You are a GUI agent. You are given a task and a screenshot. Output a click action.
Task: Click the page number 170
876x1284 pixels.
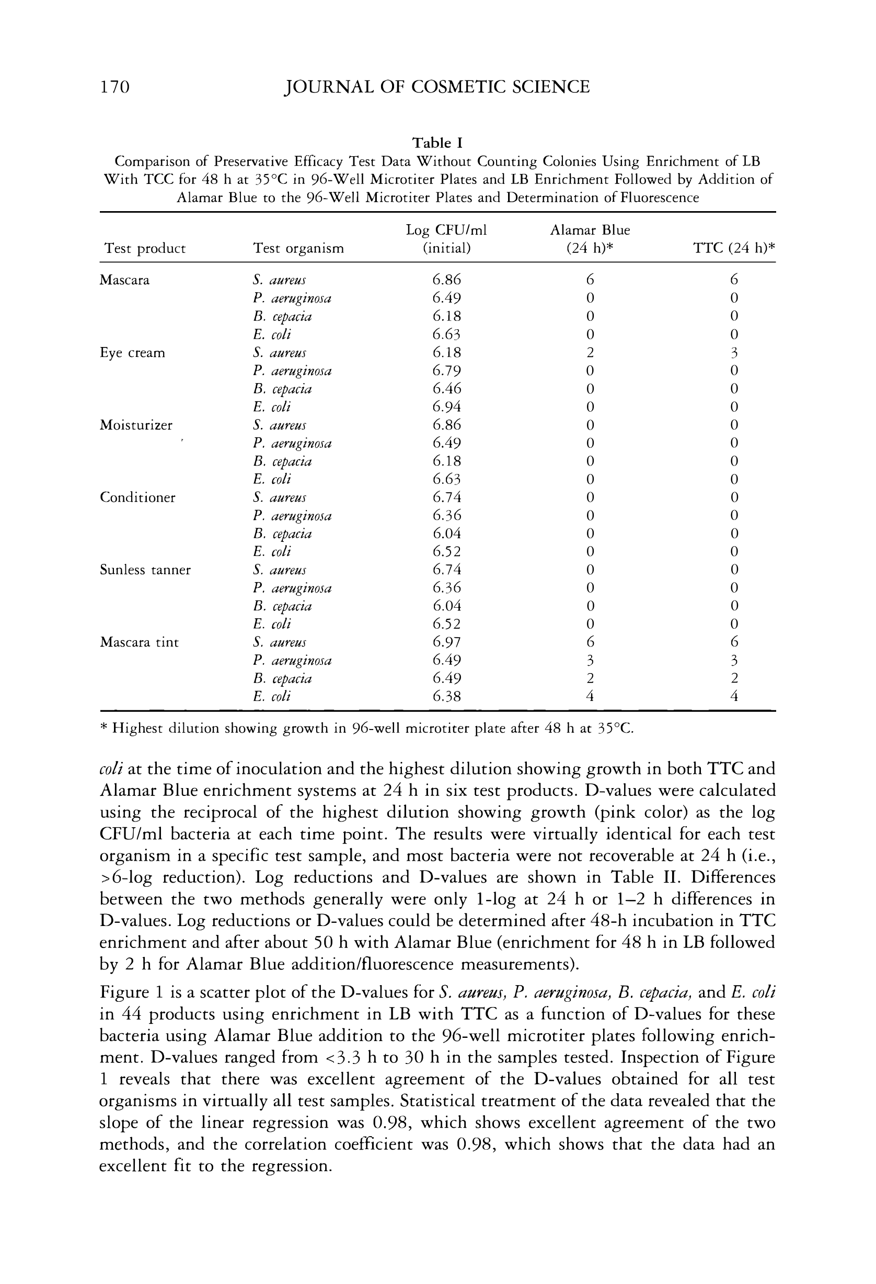click(x=114, y=87)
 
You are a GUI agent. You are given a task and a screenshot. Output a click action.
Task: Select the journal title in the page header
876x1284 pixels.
click(x=436, y=87)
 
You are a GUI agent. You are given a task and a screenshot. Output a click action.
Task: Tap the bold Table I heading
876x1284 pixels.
click(x=437, y=143)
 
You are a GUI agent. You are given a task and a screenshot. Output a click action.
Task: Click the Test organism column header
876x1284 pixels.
click(x=298, y=249)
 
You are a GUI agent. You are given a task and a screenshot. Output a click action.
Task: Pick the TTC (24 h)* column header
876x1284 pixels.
click(x=734, y=249)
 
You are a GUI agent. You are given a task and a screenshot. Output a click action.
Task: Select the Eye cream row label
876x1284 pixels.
click(x=133, y=353)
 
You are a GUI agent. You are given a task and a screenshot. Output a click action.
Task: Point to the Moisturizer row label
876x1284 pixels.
click(x=136, y=425)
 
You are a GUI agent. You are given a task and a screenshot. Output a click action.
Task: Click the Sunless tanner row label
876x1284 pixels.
click(x=145, y=570)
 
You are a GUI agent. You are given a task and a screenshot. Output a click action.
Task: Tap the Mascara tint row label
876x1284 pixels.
click(x=139, y=642)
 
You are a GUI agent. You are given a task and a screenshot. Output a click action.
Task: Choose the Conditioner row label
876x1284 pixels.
click(x=137, y=498)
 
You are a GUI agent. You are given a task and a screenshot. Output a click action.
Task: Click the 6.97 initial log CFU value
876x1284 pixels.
click(x=446, y=642)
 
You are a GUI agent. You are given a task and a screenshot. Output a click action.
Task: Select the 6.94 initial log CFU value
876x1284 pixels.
click(x=446, y=407)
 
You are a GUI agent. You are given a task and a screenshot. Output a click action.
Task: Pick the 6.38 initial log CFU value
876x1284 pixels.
click(x=446, y=696)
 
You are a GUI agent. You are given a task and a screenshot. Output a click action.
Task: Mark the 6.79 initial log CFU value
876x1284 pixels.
click(x=446, y=371)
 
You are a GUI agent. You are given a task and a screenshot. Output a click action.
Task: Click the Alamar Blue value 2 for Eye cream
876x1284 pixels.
click(x=590, y=353)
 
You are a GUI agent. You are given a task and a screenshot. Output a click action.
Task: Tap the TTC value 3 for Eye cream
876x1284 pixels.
click(x=734, y=353)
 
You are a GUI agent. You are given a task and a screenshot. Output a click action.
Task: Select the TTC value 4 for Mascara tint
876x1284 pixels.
click(x=734, y=696)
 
